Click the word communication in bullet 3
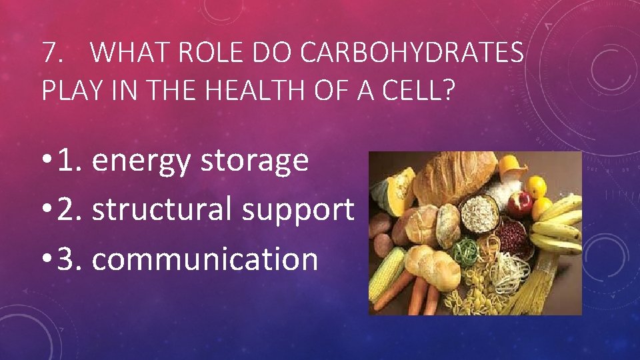click(x=205, y=258)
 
